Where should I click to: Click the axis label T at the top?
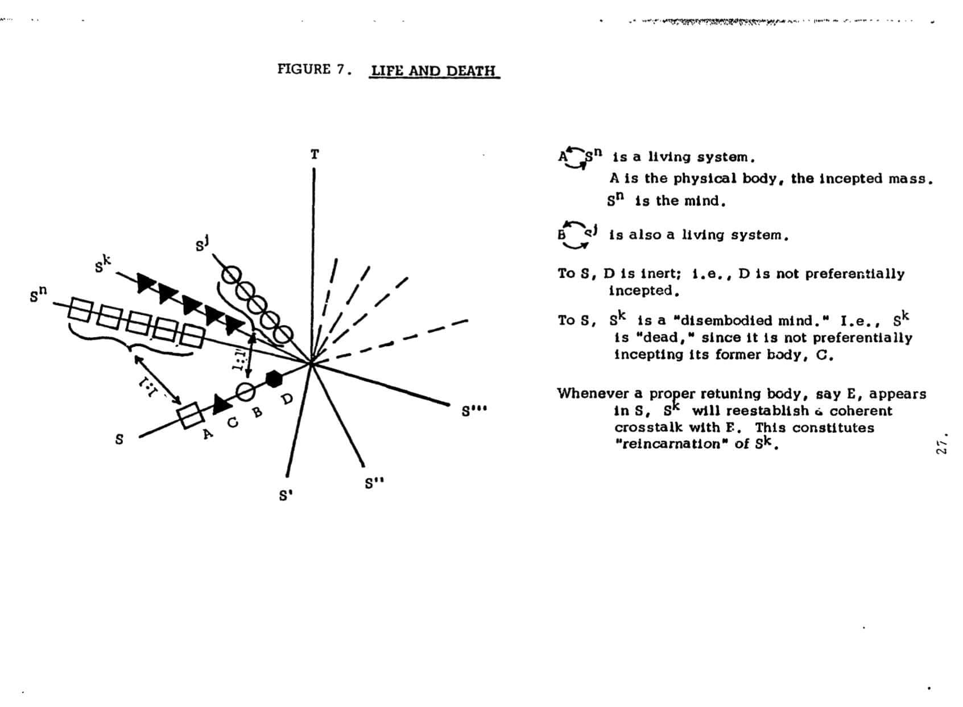[315, 154]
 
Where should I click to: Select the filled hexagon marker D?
[274, 379]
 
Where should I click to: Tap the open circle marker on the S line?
[245, 391]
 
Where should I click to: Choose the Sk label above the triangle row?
[102, 264]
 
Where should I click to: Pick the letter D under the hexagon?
[287, 399]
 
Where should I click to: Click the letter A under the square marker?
[208, 434]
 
